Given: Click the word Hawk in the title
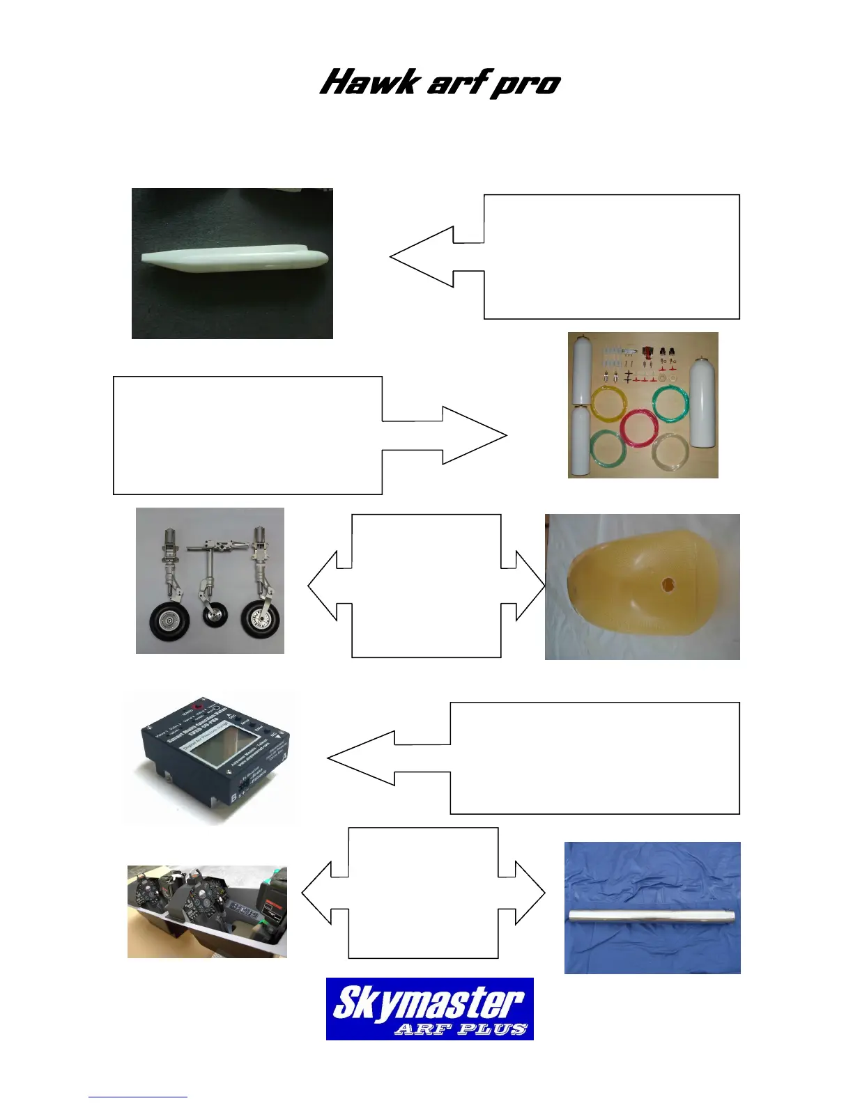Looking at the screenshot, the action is (x=369, y=82).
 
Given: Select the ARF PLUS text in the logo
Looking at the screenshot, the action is (x=460, y=1028).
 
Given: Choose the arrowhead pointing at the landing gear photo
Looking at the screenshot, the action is (x=319, y=586).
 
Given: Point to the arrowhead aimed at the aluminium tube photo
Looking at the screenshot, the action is (x=534, y=893).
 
